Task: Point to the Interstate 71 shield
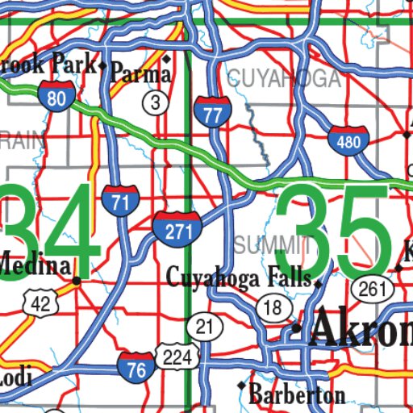pyautogui.click(x=119, y=199)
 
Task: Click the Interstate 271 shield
pyautogui.click(x=177, y=228)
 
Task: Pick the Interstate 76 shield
pyautogui.click(x=136, y=367)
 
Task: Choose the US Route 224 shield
pyautogui.click(x=175, y=355)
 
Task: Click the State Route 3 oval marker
pyautogui.click(x=156, y=102)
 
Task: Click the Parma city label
pyautogui.click(x=142, y=73)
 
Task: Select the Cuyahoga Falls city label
pyautogui.click(x=238, y=277)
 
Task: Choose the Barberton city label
pyautogui.click(x=298, y=395)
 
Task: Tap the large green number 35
pyautogui.click(x=336, y=230)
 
